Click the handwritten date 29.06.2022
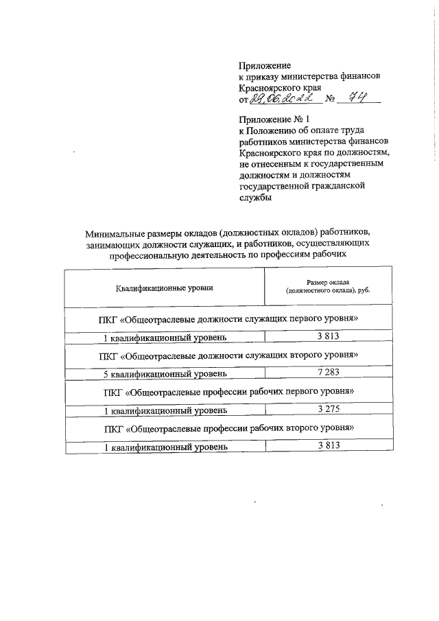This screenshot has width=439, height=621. tap(277, 100)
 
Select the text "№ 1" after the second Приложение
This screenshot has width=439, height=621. tap(293, 118)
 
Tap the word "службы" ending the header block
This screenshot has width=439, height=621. tap(255, 197)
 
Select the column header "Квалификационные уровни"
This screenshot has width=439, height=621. tap(165, 288)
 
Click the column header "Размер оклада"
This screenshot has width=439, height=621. tap(328, 283)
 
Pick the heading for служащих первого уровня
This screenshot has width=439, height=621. tap(229, 320)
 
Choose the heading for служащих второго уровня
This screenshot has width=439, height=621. tap(229, 357)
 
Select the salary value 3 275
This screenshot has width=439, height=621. tap(329, 409)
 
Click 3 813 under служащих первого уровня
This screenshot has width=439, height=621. tap(329, 336)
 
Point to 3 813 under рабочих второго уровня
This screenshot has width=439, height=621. tap(329, 445)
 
